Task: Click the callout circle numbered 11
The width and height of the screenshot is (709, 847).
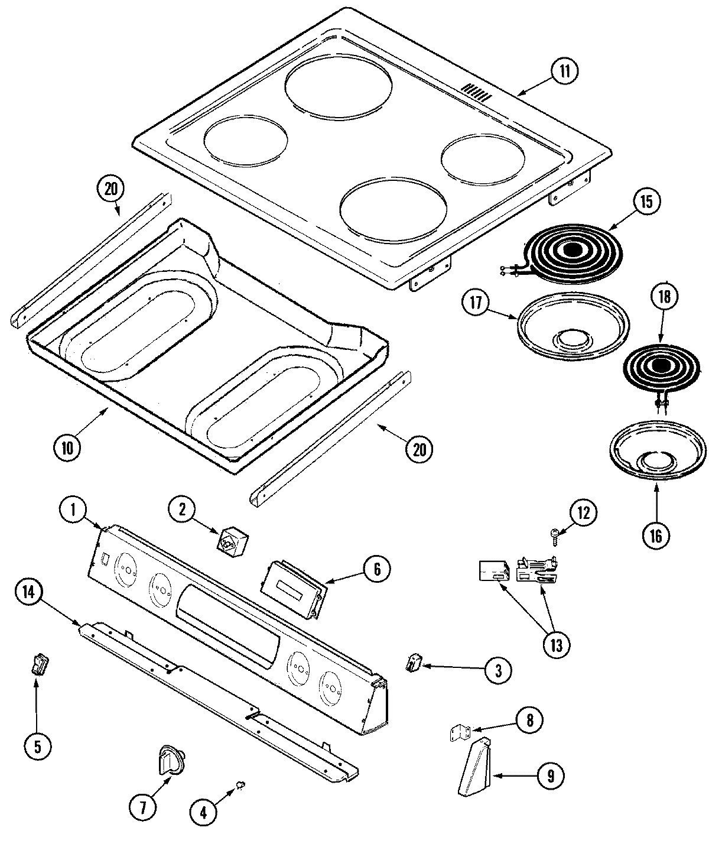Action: point(565,72)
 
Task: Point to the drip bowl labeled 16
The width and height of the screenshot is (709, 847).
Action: point(657,452)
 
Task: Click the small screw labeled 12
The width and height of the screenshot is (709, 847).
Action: point(556,534)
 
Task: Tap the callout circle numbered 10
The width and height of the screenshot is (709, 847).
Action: point(67,447)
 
